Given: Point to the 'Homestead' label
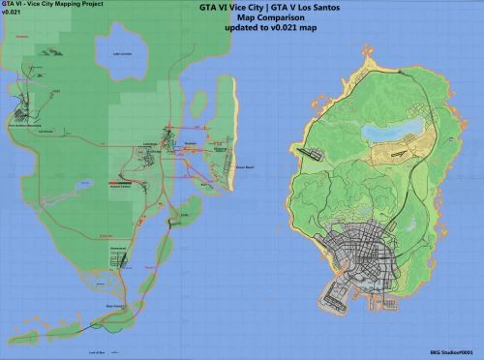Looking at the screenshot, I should [121, 249].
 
